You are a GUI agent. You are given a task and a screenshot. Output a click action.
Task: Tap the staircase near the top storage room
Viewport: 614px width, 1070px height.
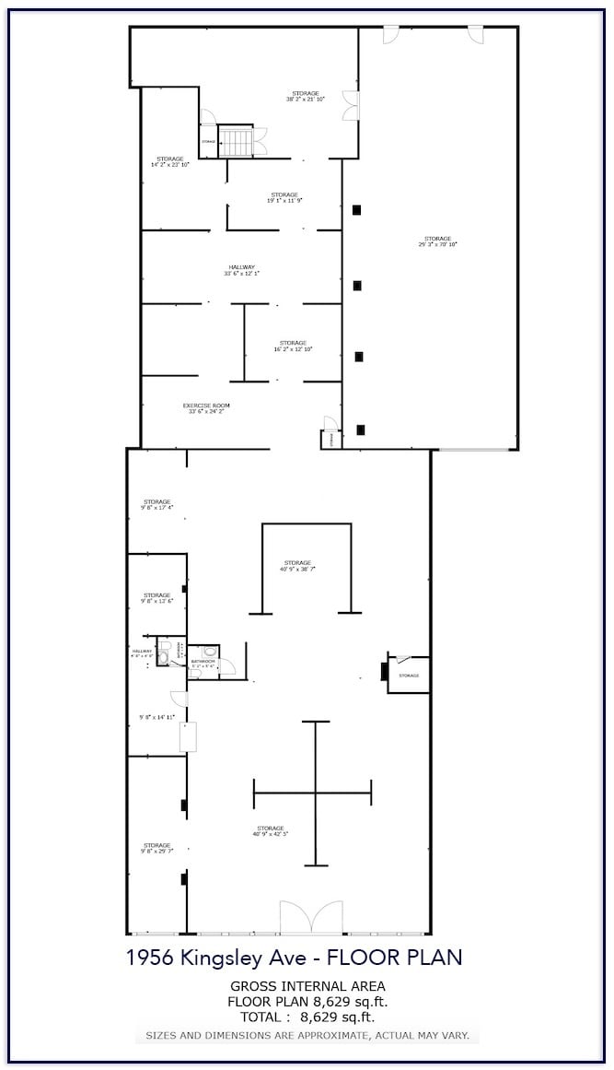(236, 142)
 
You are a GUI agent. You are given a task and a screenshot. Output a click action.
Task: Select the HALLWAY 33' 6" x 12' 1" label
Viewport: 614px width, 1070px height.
(242, 270)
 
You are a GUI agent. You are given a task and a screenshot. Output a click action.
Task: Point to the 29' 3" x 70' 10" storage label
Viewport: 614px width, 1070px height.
(437, 241)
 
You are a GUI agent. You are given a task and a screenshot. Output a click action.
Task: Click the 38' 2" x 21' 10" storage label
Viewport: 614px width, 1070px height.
(306, 96)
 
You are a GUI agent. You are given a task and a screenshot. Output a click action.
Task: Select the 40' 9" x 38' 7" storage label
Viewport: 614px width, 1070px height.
(297, 566)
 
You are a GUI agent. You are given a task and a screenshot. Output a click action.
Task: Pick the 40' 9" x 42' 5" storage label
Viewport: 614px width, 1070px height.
(271, 831)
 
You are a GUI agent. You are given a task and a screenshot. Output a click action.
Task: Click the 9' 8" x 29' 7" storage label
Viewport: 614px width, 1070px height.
(156, 849)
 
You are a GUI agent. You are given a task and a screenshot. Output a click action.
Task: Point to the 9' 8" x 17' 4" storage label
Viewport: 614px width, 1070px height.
(156, 505)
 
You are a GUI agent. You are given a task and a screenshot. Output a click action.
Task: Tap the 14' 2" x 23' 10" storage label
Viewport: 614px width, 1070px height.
(170, 161)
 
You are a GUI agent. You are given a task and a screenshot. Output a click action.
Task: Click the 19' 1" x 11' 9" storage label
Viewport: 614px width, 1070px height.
(284, 197)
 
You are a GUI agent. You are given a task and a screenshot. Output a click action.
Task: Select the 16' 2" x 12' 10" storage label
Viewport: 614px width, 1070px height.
(293, 347)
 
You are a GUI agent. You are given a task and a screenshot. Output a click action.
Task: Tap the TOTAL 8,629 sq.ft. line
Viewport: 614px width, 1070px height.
(307, 1017)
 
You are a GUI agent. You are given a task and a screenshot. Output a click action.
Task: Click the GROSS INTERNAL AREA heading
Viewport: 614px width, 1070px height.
(307, 986)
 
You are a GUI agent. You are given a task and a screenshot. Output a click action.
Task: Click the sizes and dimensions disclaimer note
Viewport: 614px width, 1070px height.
(307, 1036)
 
